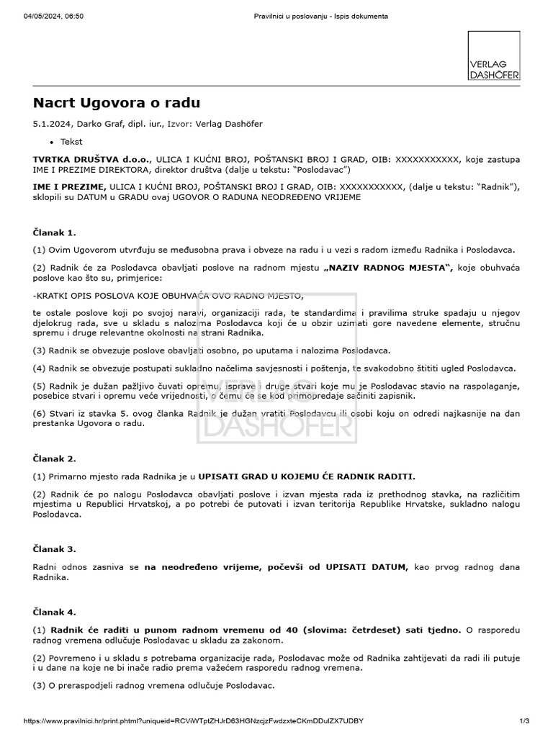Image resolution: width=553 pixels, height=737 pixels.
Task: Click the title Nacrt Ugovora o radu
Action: tap(116, 103)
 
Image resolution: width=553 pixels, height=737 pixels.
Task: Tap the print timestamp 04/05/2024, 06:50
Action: tap(54, 17)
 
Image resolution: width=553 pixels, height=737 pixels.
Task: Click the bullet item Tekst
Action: tap(71, 142)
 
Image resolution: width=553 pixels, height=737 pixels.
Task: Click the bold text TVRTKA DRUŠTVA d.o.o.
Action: tap(79, 158)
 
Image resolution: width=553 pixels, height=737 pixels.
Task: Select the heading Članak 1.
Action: tap(54, 232)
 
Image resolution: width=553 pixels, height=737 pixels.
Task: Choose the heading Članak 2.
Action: tap(54, 458)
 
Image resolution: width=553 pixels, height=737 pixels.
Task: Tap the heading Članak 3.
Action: tap(54, 548)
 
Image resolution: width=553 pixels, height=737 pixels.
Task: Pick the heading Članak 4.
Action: tap(54, 612)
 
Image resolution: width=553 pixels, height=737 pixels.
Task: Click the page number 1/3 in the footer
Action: tap(523, 720)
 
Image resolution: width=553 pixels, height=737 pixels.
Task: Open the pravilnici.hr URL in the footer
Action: tap(194, 720)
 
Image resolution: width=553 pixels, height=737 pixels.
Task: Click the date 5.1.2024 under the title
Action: tap(52, 124)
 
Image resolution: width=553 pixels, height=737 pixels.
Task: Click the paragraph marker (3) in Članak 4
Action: tap(39, 686)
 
